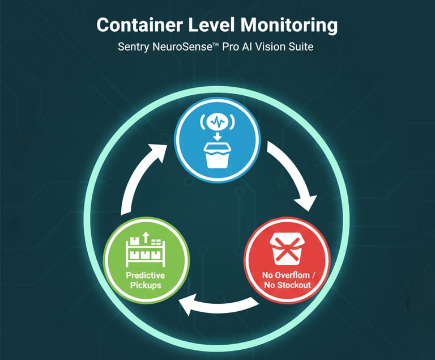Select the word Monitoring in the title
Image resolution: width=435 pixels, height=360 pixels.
click(293, 26)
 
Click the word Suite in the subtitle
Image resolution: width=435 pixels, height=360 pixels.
click(300, 47)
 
